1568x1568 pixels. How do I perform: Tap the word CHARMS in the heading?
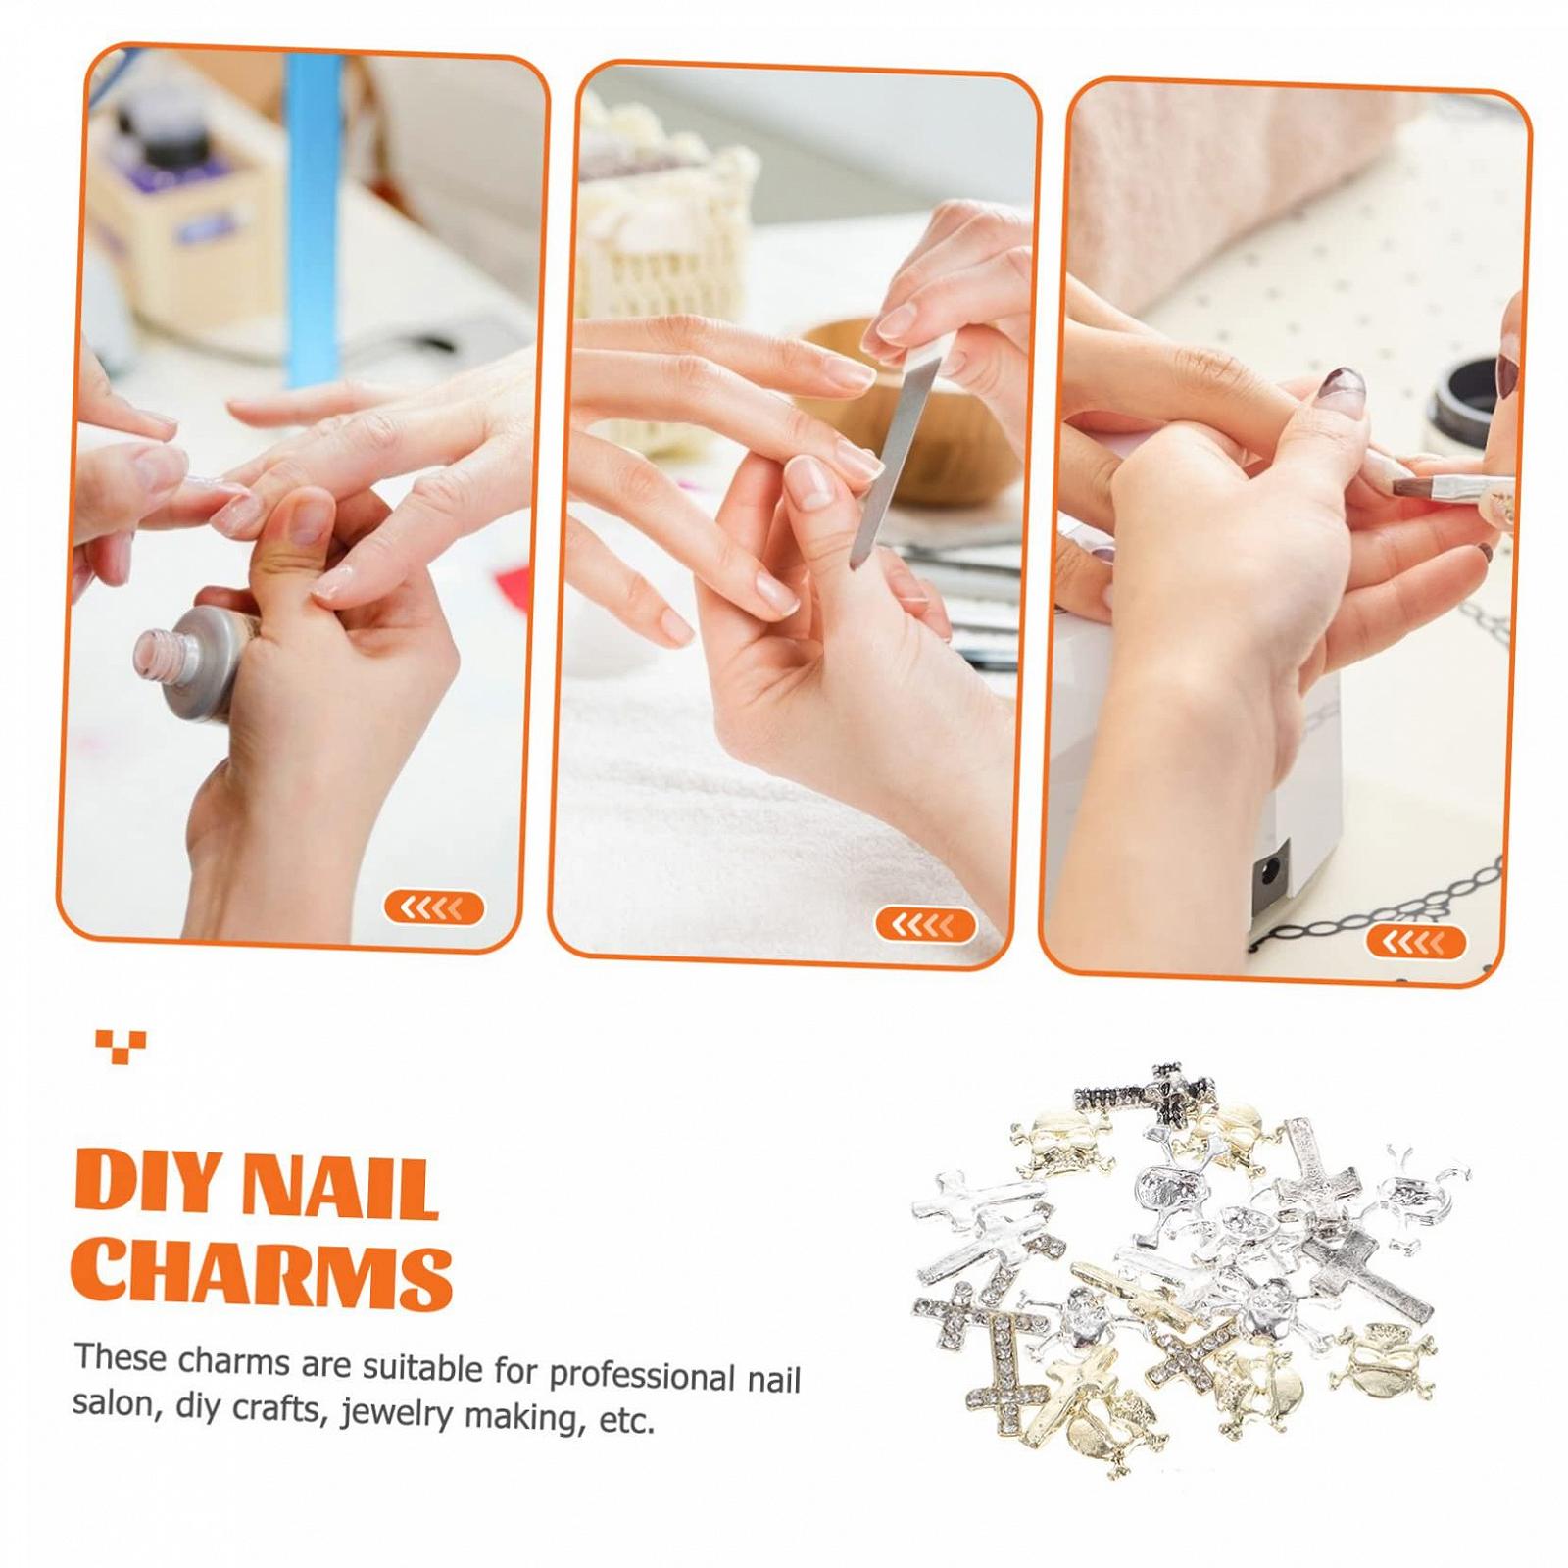click(x=263, y=1275)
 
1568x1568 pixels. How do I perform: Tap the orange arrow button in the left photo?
click(x=434, y=908)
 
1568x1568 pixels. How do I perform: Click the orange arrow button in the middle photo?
click(x=924, y=924)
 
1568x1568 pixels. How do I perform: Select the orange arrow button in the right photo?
click(x=1416, y=942)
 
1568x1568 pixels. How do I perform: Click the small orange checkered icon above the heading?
click(x=122, y=1046)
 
